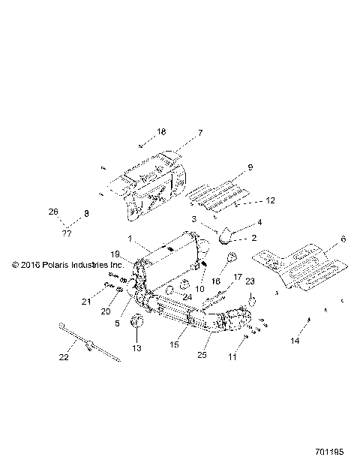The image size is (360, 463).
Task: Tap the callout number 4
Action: coord(259,223)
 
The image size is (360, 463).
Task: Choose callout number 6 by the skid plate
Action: coord(343,239)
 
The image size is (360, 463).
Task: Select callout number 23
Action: coord(250,281)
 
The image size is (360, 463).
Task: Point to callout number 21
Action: coord(107,302)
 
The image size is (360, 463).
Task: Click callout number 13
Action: coord(136,349)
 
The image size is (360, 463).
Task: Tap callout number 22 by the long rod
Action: coord(64,357)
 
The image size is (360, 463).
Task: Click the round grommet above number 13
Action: coord(137,323)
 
